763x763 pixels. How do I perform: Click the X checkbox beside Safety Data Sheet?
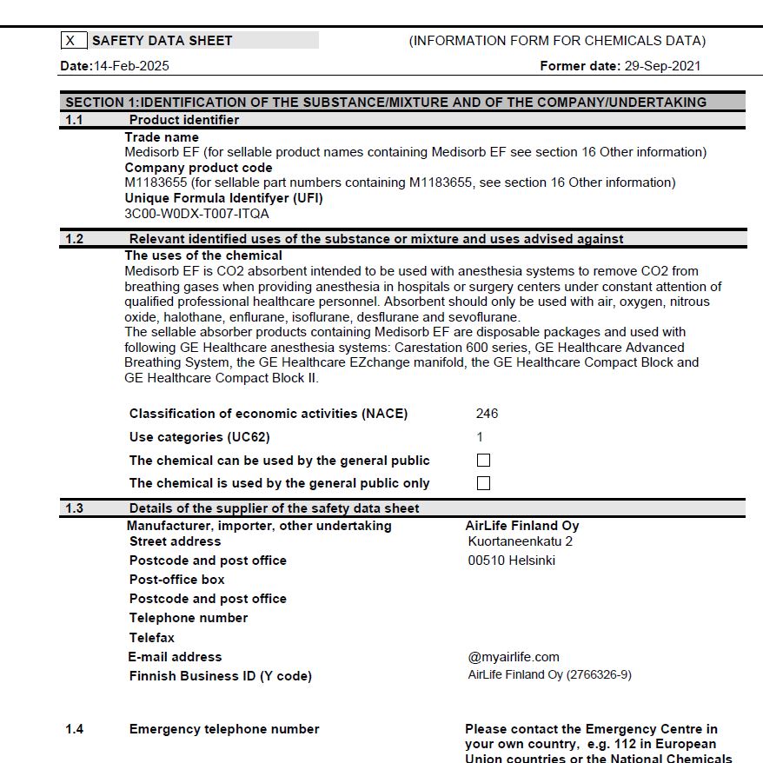[x=74, y=41]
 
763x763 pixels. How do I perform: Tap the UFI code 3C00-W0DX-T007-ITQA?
[x=196, y=213]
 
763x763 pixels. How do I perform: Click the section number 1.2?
[x=75, y=239]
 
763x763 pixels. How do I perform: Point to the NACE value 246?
[x=487, y=414]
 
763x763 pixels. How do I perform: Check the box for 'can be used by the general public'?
[x=484, y=461]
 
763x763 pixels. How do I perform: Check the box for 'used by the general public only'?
[x=484, y=483]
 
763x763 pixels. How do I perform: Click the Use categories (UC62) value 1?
[x=480, y=437]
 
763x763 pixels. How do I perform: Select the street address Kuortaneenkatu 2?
[x=520, y=541]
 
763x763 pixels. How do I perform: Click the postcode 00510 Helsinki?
[x=511, y=561]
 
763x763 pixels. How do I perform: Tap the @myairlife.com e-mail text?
[x=514, y=657]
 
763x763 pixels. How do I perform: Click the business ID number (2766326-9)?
[x=599, y=675]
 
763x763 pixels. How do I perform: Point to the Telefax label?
[x=152, y=638]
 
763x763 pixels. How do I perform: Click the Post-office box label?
[x=176, y=580]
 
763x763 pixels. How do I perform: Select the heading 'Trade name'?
[x=162, y=137]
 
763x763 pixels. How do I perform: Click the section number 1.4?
[x=76, y=729]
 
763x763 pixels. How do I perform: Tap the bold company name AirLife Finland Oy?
[x=521, y=526]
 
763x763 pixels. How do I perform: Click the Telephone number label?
[x=189, y=618]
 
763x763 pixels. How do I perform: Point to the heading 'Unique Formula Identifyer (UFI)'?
[x=223, y=198]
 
